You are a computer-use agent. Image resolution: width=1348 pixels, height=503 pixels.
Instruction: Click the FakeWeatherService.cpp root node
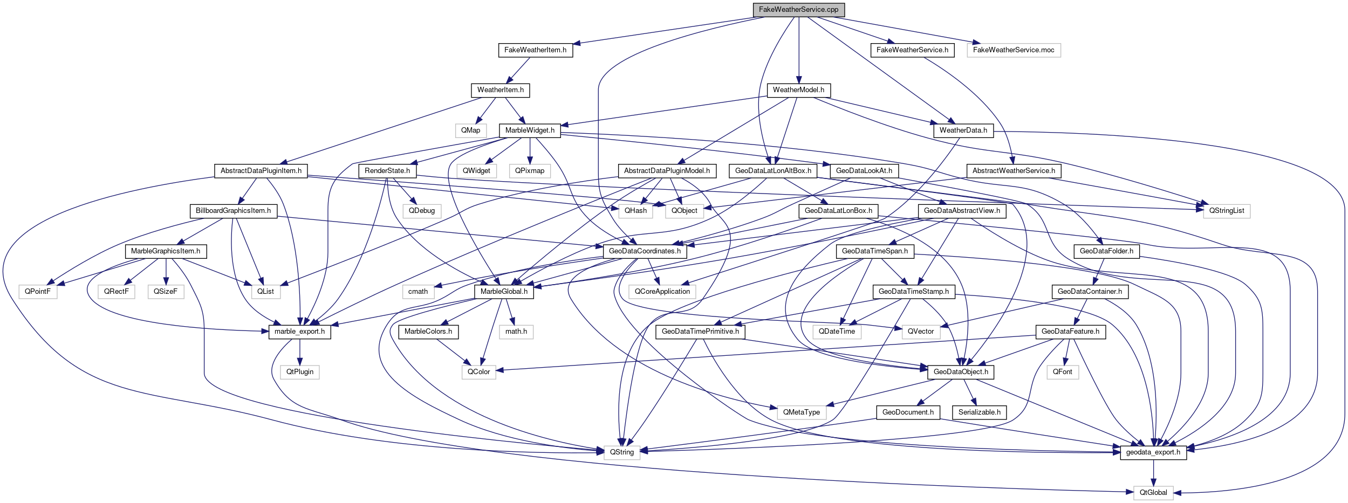[x=798, y=10]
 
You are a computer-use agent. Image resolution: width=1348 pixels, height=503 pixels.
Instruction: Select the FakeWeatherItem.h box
[x=535, y=50]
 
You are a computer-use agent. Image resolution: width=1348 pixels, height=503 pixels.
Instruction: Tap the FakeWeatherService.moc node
[x=1013, y=50]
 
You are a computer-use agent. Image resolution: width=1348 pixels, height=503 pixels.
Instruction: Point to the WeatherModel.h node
[x=798, y=90]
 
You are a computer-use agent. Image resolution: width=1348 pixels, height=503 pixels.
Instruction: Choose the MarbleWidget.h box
[x=530, y=130]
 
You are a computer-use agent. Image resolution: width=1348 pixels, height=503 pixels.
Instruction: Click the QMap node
[x=470, y=130]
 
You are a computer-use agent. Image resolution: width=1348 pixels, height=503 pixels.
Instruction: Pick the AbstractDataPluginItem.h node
[x=261, y=171]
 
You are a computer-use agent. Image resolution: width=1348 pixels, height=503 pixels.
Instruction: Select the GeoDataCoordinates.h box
[x=645, y=251]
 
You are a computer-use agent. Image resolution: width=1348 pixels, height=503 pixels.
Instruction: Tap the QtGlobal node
[x=1153, y=493]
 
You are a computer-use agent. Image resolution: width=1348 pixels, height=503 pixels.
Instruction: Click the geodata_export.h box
[x=1153, y=452]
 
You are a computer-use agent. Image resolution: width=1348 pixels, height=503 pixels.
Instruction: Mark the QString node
[x=622, y=452]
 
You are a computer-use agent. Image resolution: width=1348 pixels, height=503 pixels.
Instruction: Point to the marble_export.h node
[x=299, y=332]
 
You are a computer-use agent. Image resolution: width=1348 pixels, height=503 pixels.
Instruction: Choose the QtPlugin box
[x=299, y=372]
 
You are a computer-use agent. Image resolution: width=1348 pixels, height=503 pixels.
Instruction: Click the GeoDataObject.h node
[x=961, y=372]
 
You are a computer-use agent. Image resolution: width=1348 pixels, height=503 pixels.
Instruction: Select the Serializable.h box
[x=979, y=412]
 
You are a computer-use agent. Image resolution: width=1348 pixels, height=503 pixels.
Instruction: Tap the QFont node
[x=1063, y=372]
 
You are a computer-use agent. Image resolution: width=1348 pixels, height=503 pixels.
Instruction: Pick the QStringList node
[x=1226, y=211]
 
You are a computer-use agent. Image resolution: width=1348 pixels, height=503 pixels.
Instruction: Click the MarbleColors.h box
[x=428, y=332]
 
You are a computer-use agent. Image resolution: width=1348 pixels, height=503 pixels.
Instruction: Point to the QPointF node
[x=38, y=292]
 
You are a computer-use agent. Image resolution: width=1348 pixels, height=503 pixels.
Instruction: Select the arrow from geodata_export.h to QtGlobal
[x=1153, y=473]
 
